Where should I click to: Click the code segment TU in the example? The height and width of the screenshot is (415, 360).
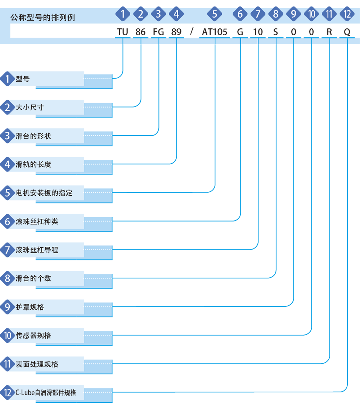point(123,32)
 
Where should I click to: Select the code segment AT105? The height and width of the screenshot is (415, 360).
point(215,32)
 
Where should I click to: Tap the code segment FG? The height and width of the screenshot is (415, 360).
point(158,32)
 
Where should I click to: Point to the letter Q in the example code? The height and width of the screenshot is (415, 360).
point(347,32)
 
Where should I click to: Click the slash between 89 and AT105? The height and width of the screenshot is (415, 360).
point(192,31)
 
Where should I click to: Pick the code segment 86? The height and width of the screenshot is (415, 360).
point(140,32)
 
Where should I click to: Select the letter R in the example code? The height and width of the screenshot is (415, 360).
point(329,32)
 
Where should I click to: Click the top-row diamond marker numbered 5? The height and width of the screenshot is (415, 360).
point(215,14)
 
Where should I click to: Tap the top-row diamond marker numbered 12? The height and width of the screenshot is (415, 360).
point(347,14)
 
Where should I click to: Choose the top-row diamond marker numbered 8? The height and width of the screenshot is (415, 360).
point(276,14)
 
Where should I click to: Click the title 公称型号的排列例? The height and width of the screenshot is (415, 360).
point(42,18)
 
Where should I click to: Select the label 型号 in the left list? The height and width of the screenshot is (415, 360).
point(23,79)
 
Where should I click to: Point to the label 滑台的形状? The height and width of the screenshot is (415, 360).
point(33,136)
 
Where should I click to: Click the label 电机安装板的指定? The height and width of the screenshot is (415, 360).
point(44,193)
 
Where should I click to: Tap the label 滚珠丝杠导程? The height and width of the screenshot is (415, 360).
point(37,250)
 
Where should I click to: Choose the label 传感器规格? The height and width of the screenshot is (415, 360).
point(33,336)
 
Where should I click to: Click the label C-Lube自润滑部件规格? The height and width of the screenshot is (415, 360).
point(46,392)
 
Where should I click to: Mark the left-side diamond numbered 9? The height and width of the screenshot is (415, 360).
point(8,307)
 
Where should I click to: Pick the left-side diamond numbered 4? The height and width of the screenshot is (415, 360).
point(8,164)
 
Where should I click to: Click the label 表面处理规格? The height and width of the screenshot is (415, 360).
point(37,364)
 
